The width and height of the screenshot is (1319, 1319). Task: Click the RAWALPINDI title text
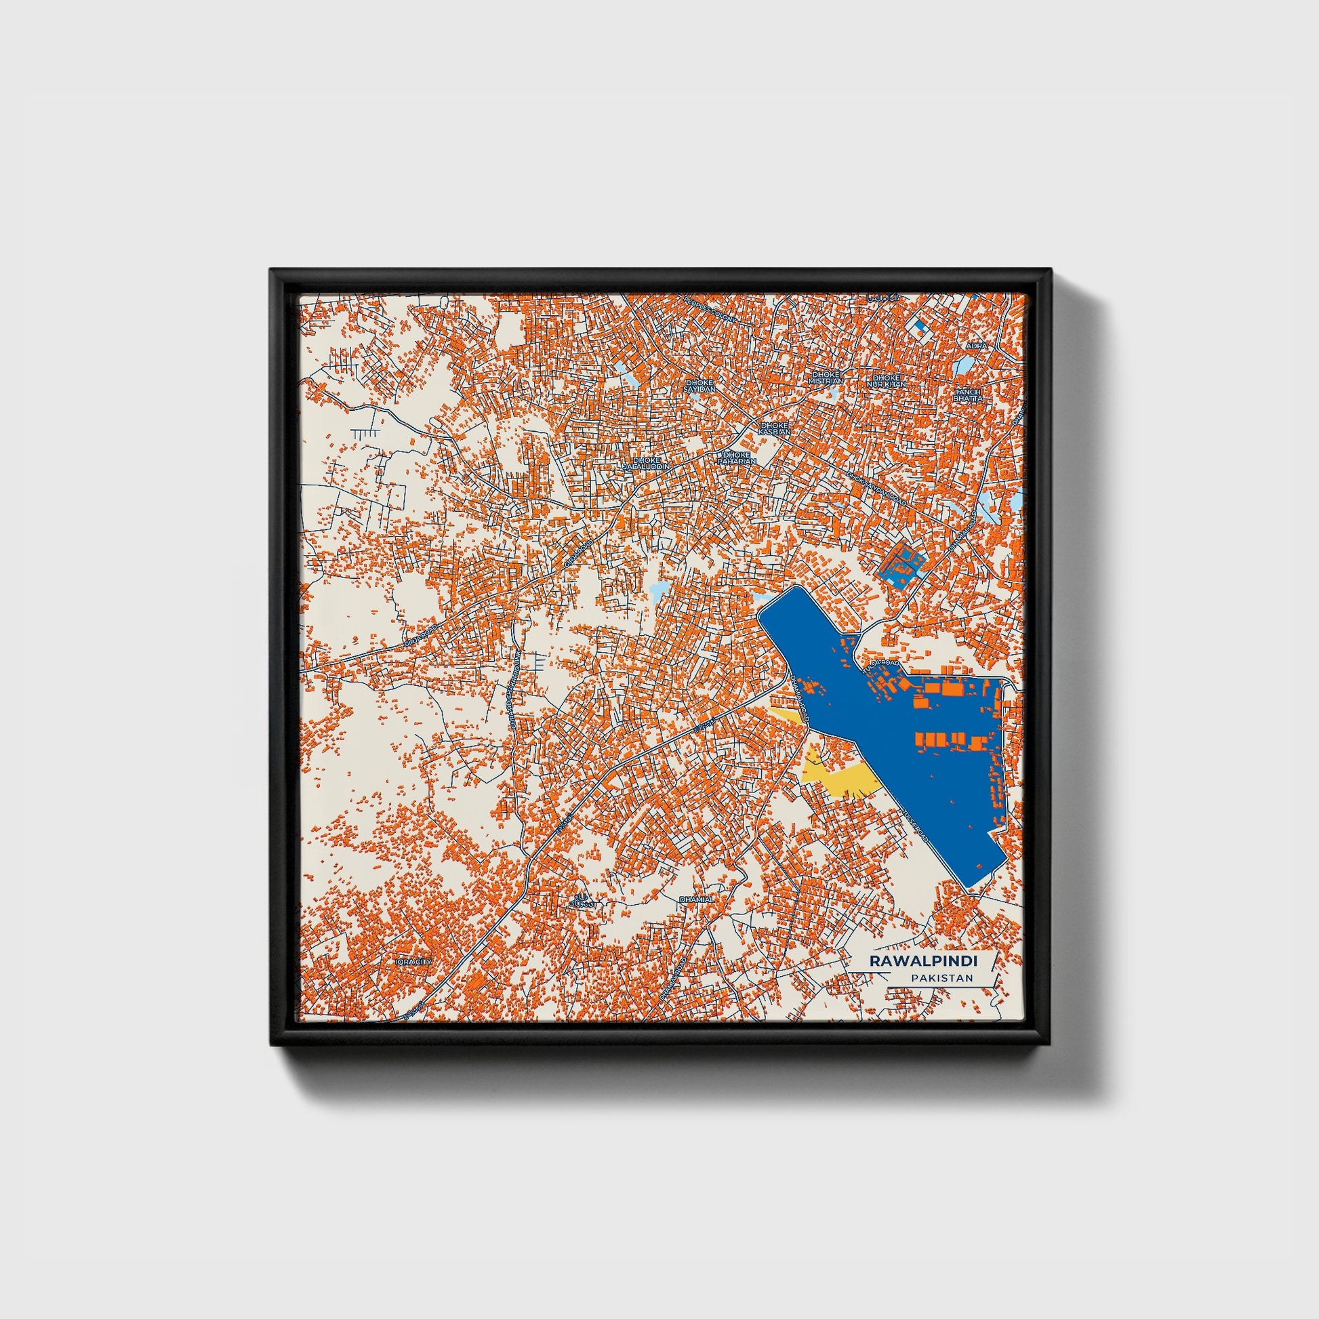[922, 960]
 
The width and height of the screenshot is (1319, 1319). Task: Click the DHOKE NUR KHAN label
[886, 381]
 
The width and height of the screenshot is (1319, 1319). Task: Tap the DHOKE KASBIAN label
[775, 428]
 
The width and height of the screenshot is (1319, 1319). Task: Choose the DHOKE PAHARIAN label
[737, 458]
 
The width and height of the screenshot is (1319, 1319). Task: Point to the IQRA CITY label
[413, 962]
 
